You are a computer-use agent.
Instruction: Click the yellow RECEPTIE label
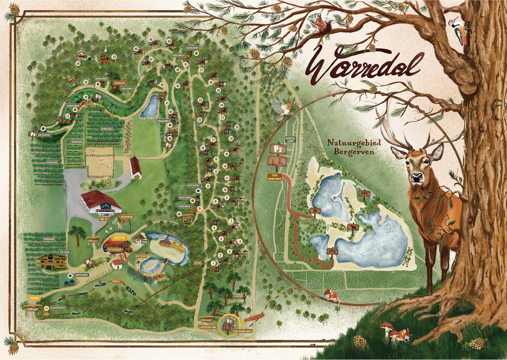[x=119, y=238]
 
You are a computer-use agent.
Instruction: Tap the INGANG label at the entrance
[x=34, y=298]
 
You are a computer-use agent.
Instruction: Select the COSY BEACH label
[x=141, y=256]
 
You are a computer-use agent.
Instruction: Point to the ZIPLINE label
[x=198, y=263]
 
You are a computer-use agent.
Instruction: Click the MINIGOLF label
[x=116, y=281]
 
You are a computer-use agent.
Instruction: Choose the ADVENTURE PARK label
[x=208, y=327]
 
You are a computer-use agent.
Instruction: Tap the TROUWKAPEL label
[x=120, y=83]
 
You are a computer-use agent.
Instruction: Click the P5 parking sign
[x=98, y=96]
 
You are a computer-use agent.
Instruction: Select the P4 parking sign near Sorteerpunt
[x=32, y=134]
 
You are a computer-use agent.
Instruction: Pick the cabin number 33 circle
[x=114, y=57]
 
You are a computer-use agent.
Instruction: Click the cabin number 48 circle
[x=179, y=214]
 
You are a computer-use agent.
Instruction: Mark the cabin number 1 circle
[x=213, y=263]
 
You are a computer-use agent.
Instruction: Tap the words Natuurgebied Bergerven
[x=354, y=147]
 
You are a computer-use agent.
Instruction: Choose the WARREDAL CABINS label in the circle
[x=290, y=139]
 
